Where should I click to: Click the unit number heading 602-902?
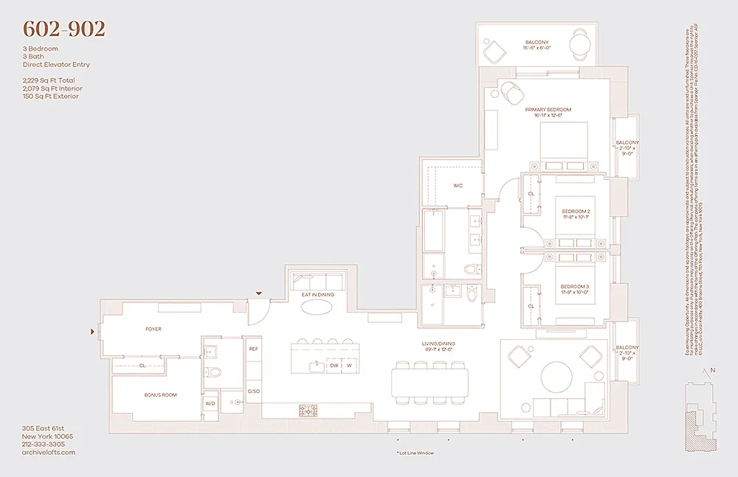pos(64,29)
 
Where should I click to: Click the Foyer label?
pos(153,329)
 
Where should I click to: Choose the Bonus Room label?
pos(160,395)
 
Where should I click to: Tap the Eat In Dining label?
pos(317,295)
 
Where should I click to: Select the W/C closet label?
pos(458,186)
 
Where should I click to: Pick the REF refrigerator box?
pos(253,349)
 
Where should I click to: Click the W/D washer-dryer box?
pos(210,403)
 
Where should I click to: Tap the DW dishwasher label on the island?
pos(334,365)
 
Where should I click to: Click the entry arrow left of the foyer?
pos(92,332)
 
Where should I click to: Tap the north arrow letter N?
pos(713,371)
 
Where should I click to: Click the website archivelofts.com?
pos(49,453)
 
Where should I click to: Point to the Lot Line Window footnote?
pos(415,453)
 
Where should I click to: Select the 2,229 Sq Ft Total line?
pos(48,80)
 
